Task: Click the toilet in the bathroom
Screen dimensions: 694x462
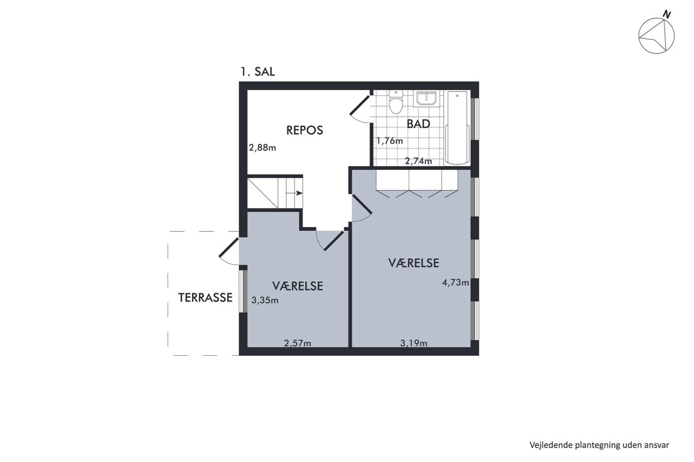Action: [x=396, y=102]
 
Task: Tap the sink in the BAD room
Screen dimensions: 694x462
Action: [x=427, y=99]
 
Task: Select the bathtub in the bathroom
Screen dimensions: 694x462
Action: [x=457, y=128]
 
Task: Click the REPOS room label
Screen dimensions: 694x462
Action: [x=305, y=131]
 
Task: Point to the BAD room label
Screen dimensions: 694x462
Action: [x=418, y=124]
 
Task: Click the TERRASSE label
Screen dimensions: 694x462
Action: [x=205, y=297]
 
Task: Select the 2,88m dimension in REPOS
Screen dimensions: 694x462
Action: [x=263, y=148]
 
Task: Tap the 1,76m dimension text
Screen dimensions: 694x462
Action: [x=390, y=141]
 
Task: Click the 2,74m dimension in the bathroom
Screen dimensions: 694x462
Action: [x=418, y=161]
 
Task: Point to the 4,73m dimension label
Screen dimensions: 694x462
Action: [x=456, y=282]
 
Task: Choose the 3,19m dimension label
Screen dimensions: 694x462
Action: [x=414, y=343]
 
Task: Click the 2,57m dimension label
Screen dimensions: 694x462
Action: [x=297, y=343]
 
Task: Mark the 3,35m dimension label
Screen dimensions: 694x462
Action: [x=265, y=300]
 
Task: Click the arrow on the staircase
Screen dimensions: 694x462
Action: [x=294, y=193]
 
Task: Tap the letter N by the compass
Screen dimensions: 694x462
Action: [x=667, y=14]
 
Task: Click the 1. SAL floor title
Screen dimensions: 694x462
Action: [x=258, y=72]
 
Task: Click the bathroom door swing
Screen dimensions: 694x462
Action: [x=360, y=109]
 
